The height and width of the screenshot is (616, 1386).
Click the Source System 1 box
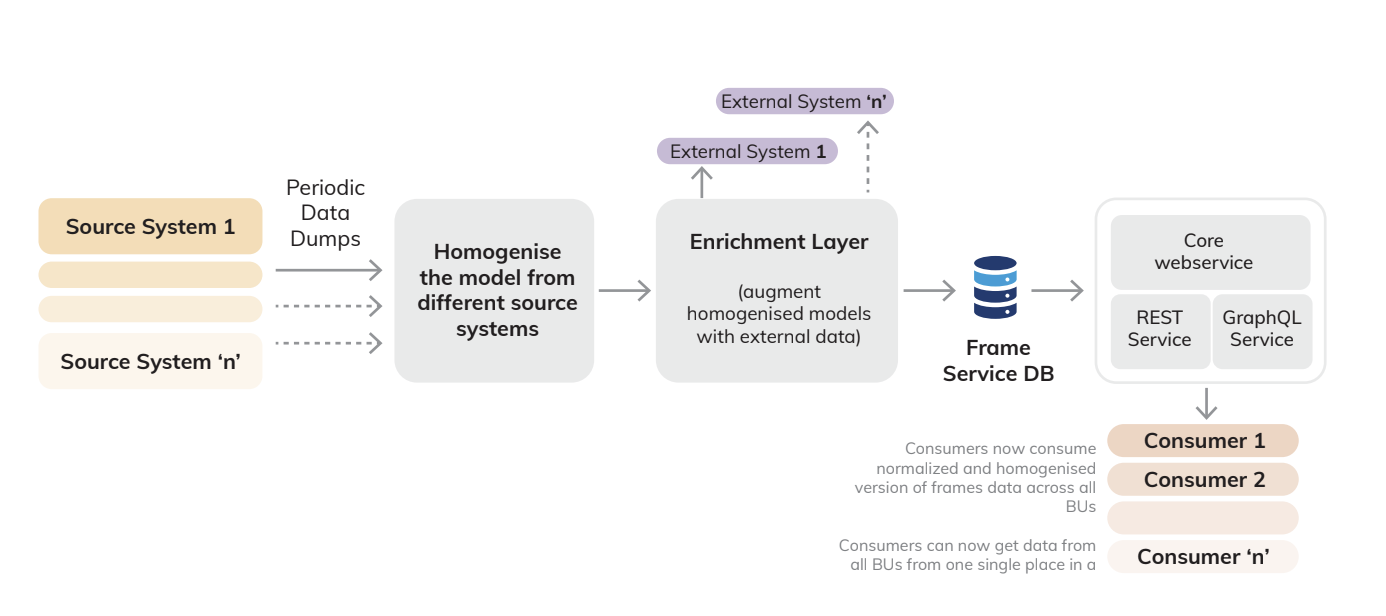[150, 227]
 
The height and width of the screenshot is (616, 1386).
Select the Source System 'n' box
[150, 362]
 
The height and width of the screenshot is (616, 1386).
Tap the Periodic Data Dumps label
[325, 213]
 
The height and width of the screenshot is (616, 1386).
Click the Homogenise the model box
[494, 290]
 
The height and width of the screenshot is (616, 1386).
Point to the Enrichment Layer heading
[778, 242]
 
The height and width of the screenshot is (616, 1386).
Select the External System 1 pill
[747, 152]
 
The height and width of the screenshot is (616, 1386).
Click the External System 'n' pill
[805, 101]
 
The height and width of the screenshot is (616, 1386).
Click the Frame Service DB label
[997, 361]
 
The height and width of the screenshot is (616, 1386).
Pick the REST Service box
[1159, 330]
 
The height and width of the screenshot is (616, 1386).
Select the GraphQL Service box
[1261, 330]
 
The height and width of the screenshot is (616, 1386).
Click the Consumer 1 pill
[1202, 441]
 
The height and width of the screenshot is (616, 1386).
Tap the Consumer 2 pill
[1202, 480]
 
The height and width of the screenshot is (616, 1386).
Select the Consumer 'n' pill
[1202, 557]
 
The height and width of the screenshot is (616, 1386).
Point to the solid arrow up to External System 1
[702, 183]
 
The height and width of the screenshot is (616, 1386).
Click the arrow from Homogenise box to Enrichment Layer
[625, 291]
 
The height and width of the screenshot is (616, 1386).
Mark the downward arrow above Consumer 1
[1207, 403]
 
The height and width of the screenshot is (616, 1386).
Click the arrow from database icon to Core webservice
[1057, 291]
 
